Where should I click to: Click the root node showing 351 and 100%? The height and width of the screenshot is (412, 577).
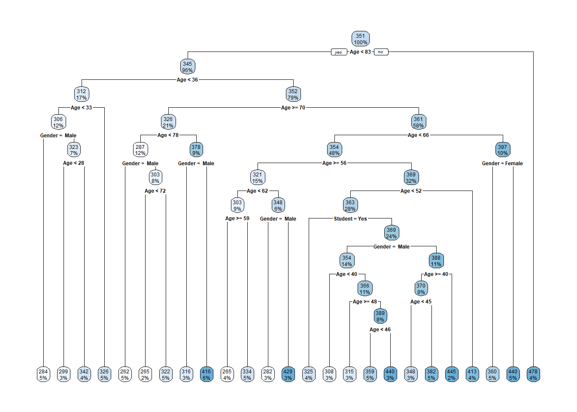[361, 39]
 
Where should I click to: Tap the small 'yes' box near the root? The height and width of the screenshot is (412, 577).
[339, 52]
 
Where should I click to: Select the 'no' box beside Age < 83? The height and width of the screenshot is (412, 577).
[380, 52]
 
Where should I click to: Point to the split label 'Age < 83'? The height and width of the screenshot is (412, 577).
[360, 52]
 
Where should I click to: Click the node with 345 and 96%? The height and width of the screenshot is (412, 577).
[188, 67]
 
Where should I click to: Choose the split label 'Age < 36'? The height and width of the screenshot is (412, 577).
[188, 80]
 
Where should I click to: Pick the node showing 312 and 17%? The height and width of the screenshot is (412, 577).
[82, 94]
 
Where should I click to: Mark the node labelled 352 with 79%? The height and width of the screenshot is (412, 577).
[293, 94]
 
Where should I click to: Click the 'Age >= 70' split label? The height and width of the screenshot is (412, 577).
[293, 108]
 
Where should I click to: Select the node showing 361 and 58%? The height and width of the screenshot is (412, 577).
[419, 122]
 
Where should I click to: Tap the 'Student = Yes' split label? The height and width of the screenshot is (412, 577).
[350, 219]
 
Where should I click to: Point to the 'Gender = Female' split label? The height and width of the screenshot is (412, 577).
[502, 164]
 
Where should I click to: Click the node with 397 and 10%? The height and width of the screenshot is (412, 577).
[503, 150]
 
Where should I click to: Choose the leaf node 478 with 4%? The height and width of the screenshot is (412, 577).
[533, 375]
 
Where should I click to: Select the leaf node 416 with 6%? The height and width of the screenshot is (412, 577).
[207, 375]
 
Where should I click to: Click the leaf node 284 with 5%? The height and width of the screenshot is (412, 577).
[43, 375]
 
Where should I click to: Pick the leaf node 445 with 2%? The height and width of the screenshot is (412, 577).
[452, 375]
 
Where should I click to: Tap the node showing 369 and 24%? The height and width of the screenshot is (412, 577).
[392, 233]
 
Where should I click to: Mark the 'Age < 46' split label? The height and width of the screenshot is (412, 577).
[380, 330]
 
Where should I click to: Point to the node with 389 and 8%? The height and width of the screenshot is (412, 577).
[380, 316]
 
